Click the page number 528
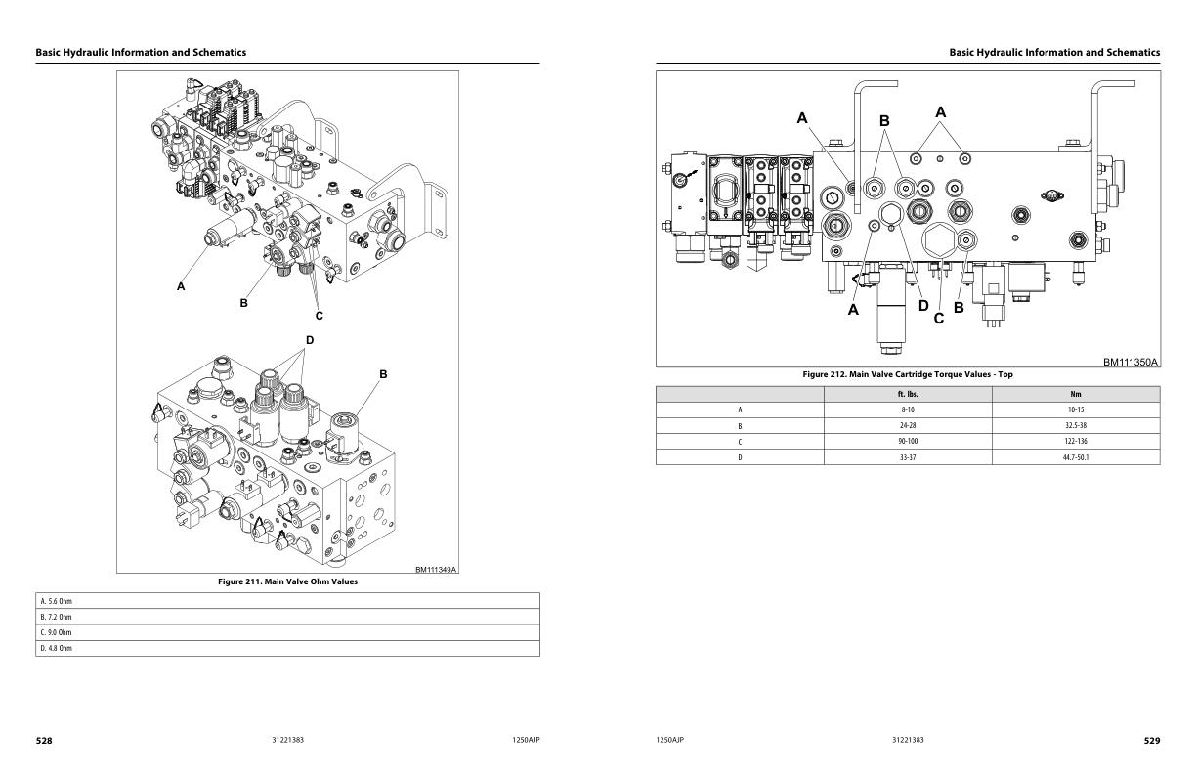click(x=44, y=741)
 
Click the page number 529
click(x=1152, y=741)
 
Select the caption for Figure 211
click(x=287, y=581)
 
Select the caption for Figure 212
click(x=908, y=374)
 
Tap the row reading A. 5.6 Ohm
click(x=287, y=600)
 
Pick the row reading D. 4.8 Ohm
click(x=287, y=648)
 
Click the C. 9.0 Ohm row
click(x=287, y=632)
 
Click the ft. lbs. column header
click(x=908, y=394)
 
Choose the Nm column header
click(x=1076, y=394)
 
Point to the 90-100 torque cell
click(x=908, y=441)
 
